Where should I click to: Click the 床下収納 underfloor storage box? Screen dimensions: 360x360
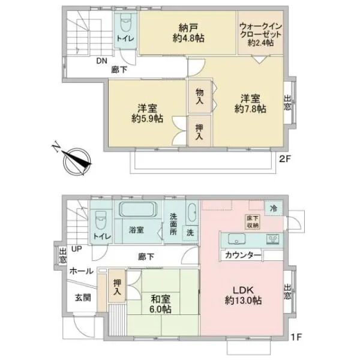click(251, 221)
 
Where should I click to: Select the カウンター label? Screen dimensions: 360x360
click(243, 256)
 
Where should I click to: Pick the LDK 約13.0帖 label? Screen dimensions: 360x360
click(242, 295)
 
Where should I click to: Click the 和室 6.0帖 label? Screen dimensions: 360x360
click(160, 304)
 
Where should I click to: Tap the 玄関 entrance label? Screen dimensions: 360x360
click(82, 297)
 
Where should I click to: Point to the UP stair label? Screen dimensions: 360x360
click(76, 248)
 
